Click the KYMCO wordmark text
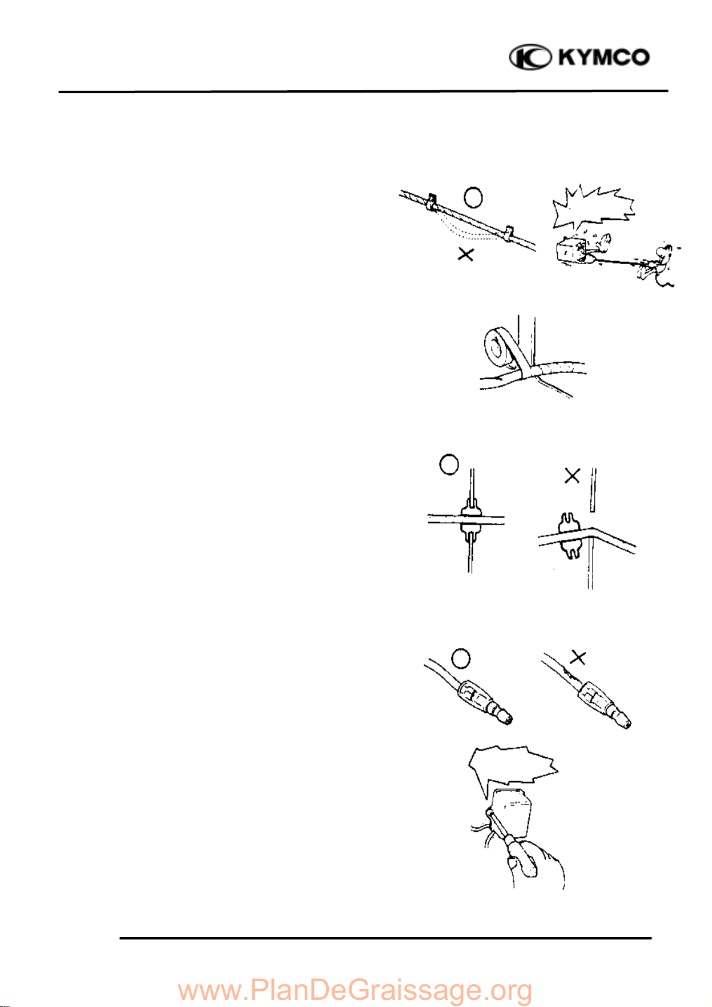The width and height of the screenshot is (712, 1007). [604, 57]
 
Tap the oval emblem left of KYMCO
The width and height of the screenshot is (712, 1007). [531, 57]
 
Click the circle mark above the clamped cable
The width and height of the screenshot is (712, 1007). [473, 197]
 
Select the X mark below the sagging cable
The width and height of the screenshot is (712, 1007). [466, 255]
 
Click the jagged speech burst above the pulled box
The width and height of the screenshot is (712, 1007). [594, 206]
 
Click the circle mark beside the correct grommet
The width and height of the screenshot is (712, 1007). [448, 464]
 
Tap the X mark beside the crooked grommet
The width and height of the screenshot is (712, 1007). [572, 476]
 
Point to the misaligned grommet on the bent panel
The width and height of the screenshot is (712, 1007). [569, 536]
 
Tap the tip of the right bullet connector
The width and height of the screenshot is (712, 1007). [626, 724]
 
